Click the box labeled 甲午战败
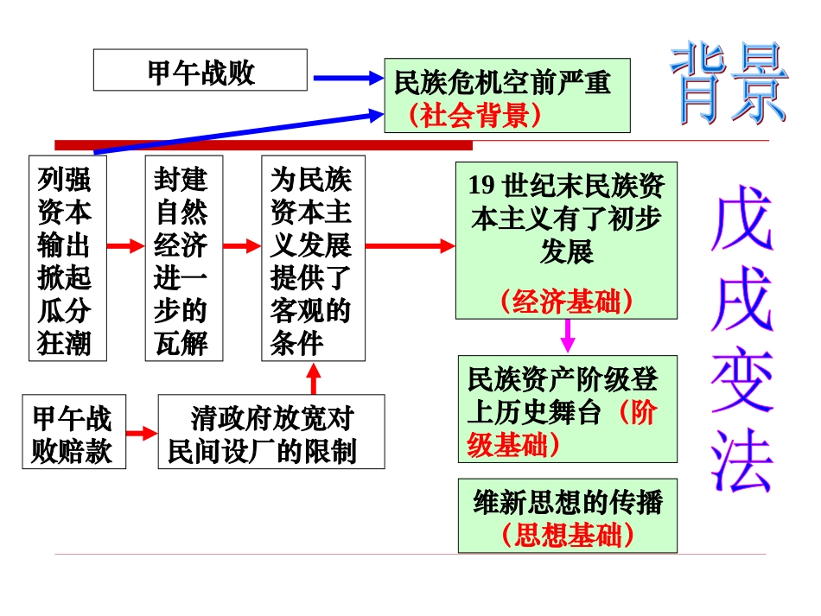coord(200,70)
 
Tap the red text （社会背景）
coord(476,115)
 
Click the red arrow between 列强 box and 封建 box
coord(125,246)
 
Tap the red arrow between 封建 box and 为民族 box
coord(241,246)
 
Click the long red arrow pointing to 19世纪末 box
coord(410,246)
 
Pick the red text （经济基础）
coord(566,301)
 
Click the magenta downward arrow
coord(568,335)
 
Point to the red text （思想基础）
coord(568,535)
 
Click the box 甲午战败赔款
coord(73,432)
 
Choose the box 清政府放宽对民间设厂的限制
coord(271,432)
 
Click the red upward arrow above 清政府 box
coord(314,378)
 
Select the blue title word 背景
coord(730,83)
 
